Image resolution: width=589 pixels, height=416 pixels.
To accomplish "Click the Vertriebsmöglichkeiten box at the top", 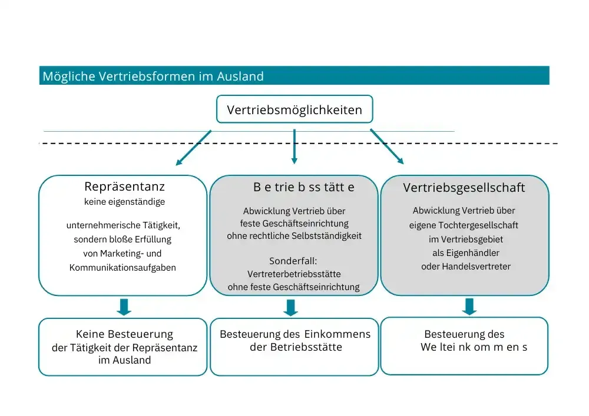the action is click(x=294, y=109).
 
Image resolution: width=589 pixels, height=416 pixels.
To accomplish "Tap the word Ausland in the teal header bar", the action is click(x=240, y=76).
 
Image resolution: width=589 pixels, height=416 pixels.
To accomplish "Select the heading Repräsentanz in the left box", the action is click(x=124, y=187).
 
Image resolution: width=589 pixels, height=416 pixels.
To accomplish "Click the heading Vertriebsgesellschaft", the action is click(x=464, y=188).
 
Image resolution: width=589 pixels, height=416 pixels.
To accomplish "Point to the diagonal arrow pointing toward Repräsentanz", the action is click(x=193, y=148).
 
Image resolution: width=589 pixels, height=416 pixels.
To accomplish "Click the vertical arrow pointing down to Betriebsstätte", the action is click(x=294, y=147).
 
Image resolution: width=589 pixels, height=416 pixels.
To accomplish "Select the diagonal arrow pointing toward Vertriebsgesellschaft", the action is click(x=387, y=147).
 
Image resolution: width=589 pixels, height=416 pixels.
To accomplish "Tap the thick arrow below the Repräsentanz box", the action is click(x=124, y=307).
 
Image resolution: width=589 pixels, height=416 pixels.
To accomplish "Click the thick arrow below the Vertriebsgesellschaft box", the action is click(x=469, y=307).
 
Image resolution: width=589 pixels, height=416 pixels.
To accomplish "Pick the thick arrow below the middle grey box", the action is click(x=290, y=307).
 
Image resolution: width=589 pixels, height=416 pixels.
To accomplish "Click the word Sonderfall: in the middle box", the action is click(x=293, y=261).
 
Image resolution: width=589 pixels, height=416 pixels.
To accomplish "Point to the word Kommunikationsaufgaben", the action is click(x=123, y=268).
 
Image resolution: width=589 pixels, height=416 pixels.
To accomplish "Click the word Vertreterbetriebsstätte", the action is click(x=294, y=274).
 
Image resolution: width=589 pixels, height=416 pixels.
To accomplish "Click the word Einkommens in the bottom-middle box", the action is click(x=337, y=334).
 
